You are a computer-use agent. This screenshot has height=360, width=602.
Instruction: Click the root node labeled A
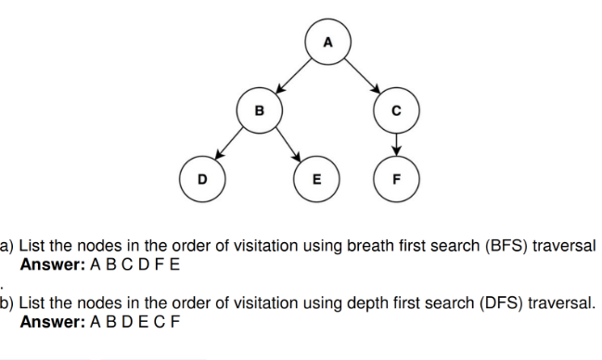[326, 43]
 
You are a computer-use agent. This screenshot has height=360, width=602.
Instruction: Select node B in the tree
[260, 111]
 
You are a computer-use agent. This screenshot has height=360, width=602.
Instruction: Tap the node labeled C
[396, 111]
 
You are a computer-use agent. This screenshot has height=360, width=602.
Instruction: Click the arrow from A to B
[292, 77]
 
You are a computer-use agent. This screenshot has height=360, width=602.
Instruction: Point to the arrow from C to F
[396, 145]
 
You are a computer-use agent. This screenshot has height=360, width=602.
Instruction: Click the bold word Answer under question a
[51, 264]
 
